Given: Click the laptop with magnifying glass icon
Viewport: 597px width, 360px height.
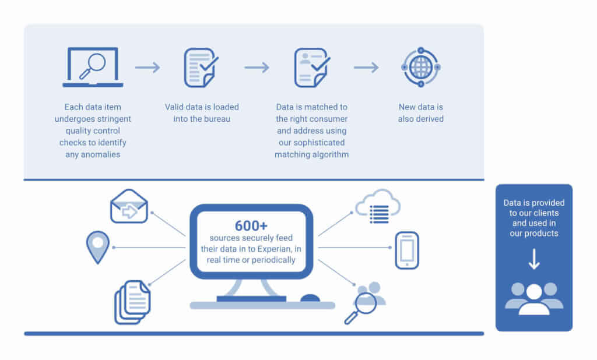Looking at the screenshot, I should pyautogui.click(x=93, y=68).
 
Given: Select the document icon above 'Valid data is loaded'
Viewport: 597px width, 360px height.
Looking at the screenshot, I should pyautogui.click(x=200, y=68).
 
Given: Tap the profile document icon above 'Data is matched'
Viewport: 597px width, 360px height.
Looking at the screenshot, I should pyautogui.click(x=311, y=68).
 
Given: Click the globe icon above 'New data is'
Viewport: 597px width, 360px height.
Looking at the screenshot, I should pyautogui.click(x=421, y=68).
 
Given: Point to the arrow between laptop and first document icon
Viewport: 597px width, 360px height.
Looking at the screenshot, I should pyautogui.click(x=148, y=68).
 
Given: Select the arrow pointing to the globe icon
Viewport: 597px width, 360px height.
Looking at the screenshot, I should pyautogui.click(x=366, y=68).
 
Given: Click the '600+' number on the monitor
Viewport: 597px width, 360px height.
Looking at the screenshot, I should pyautogui.click(x=251, y=226).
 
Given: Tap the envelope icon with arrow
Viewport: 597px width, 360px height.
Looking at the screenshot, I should pyautogui.click(x=129, y=207).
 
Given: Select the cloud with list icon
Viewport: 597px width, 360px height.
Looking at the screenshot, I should pyautogui.click(x=378, y=207).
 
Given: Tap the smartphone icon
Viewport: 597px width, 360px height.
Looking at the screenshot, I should pyautogui.click(x=406, y=250).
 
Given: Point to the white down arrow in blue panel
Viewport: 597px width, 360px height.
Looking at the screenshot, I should pyautogui.click(x=534, y=260).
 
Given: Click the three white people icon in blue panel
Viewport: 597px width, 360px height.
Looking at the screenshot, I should pyautogui.click(x=534, y=298).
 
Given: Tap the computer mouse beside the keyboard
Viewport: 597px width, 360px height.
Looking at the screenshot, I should pyautogui.click(x=310, y=298).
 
